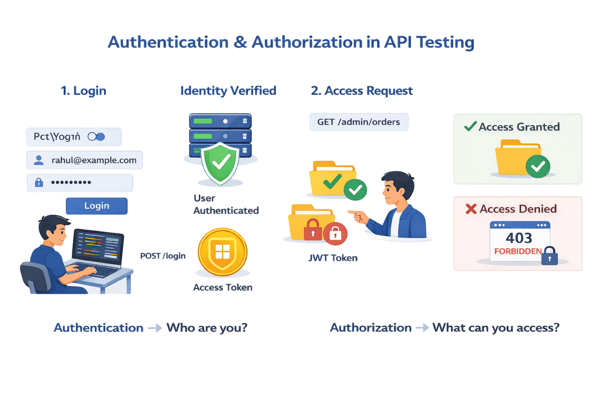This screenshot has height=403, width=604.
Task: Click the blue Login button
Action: pos(96,206)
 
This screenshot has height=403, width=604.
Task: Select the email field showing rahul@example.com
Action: pos(84,161)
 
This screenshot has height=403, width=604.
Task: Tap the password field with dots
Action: pos(80,182)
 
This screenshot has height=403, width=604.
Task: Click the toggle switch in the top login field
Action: pos(97,137)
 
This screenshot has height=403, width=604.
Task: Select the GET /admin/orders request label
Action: pos(359,122)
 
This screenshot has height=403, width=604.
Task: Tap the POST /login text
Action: pos(163,256)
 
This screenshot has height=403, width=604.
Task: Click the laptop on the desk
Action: pos(97,250)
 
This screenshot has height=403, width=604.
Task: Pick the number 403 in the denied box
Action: pos(519,237)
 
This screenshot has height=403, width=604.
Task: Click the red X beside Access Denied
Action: pos(470,209)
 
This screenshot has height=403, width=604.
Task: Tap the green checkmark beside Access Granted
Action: pos(470,127)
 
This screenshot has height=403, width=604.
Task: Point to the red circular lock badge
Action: pos(335,233)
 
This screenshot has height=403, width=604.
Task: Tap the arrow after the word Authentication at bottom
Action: pos(155,328)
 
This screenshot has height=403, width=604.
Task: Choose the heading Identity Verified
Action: pos(228,91)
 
